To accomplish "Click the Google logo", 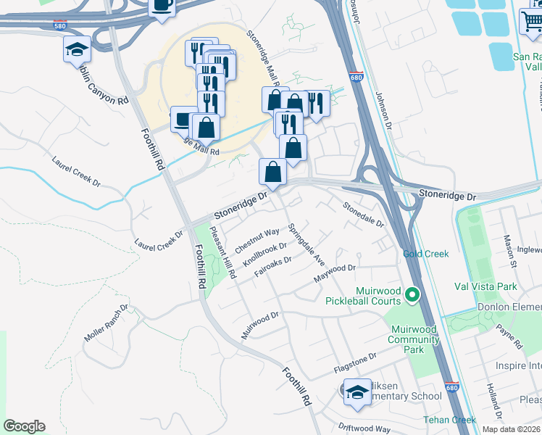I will (24, 426).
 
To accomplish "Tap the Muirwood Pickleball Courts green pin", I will (412, 294).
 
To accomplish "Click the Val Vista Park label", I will (485, 286).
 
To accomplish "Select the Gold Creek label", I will (426, 254).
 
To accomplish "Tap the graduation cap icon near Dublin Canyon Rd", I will (77, 50).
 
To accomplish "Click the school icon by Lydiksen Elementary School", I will (356, 391).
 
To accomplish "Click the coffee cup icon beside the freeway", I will (162, 7).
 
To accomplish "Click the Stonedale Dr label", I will (363, 214).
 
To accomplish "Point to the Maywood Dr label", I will (335, 273).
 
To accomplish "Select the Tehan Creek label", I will (452, 420).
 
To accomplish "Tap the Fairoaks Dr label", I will (272, 270).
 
